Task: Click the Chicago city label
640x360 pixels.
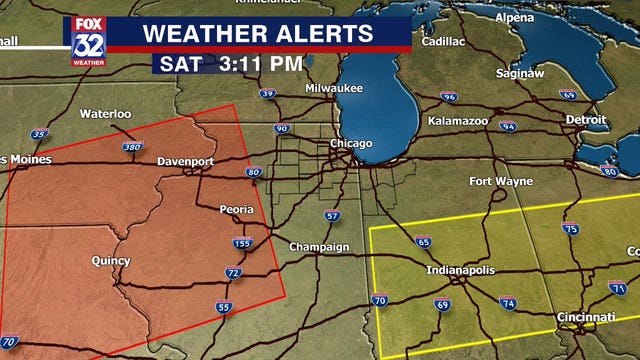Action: pos(351,144)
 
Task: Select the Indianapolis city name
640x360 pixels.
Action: pos(461,271)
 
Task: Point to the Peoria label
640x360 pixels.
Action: pos(238,210)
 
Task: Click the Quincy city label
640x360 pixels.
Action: pos(110,261)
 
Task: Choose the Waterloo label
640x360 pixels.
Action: pos(106,114)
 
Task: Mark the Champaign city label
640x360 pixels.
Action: pos(320,247)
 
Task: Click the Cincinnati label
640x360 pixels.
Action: pos(586,317)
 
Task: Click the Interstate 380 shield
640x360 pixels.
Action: pos(132,148)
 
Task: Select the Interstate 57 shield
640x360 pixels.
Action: pos(332,215)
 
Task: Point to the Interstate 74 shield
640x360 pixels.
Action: pos(508,302)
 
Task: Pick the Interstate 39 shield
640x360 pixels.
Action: pos(267,94)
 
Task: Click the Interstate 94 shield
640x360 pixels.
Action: pos(508,127)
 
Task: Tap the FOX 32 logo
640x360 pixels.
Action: pos(87,41)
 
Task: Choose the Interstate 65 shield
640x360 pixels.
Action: pos(424,242)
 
